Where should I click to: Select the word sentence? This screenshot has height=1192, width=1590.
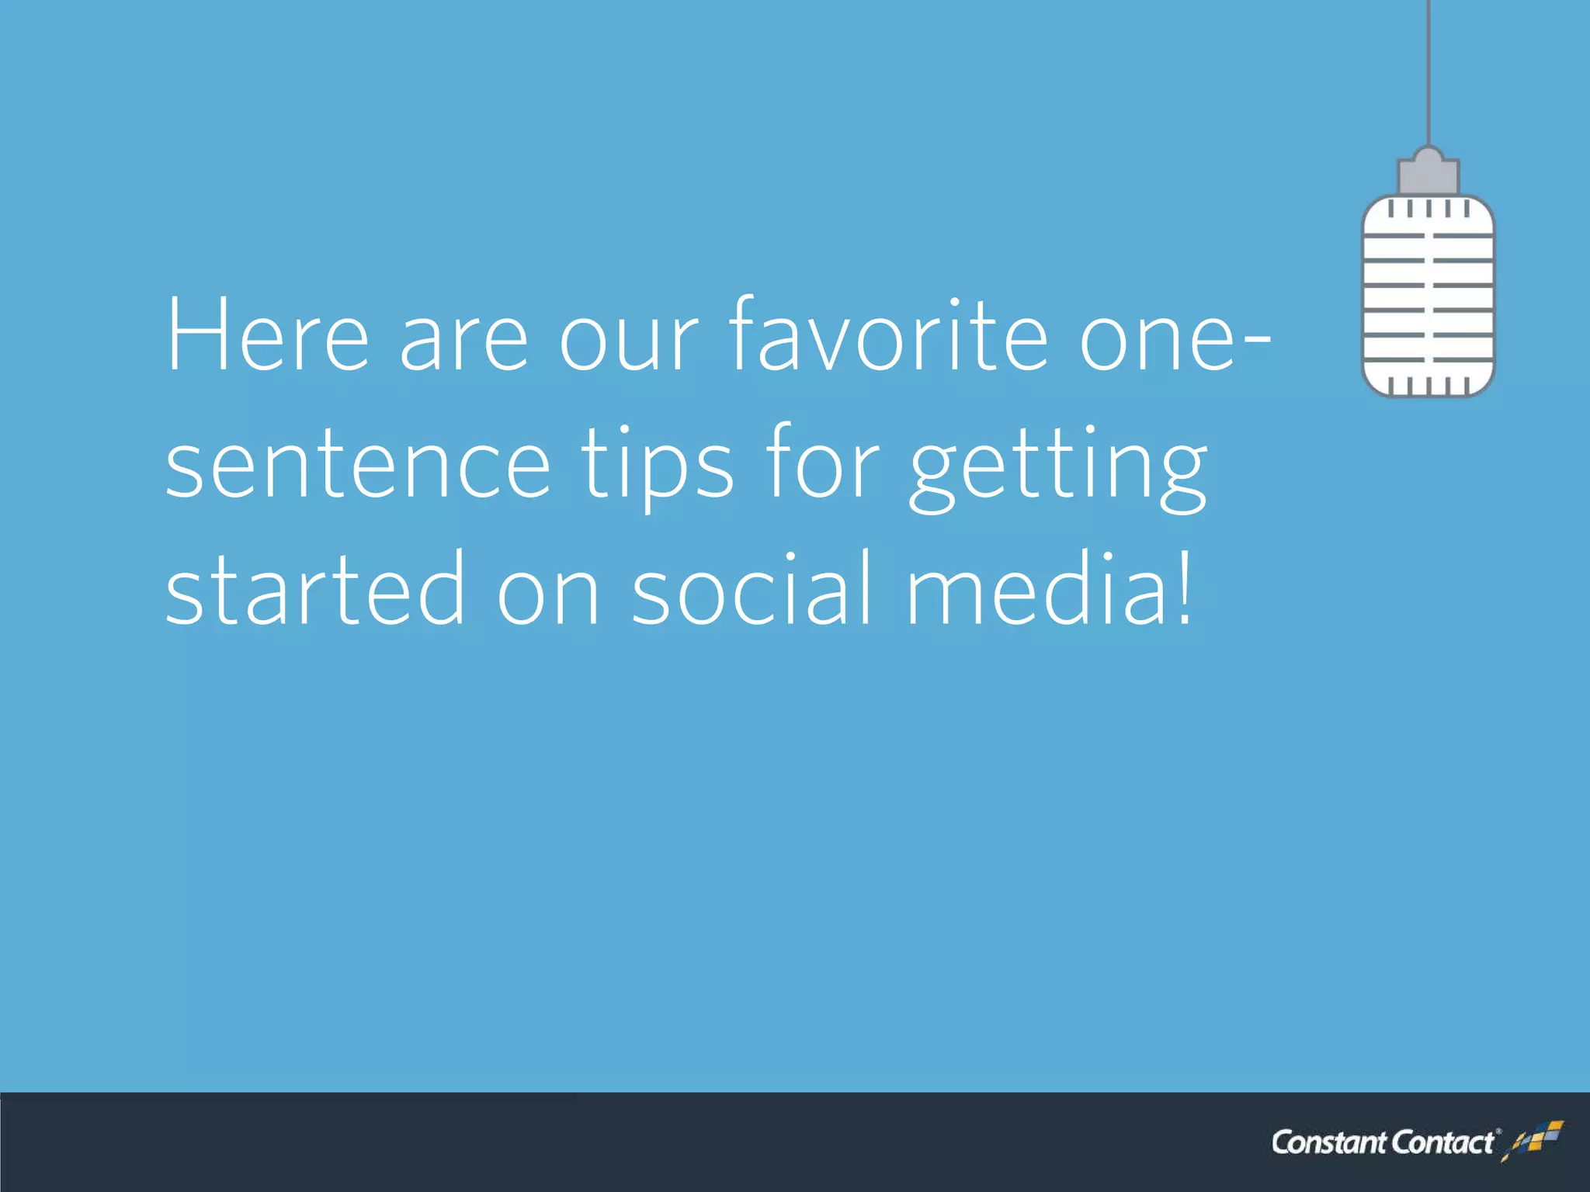(358, 464)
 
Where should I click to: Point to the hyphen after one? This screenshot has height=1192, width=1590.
(1257, 341)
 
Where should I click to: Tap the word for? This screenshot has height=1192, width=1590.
(822, 464)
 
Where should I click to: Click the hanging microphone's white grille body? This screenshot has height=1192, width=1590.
(1429, 299)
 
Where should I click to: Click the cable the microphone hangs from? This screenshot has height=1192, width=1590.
(1429, 70)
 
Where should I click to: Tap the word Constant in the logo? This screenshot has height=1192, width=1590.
(1329, 1143)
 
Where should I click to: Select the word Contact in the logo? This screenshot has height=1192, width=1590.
(1442, 1143)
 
